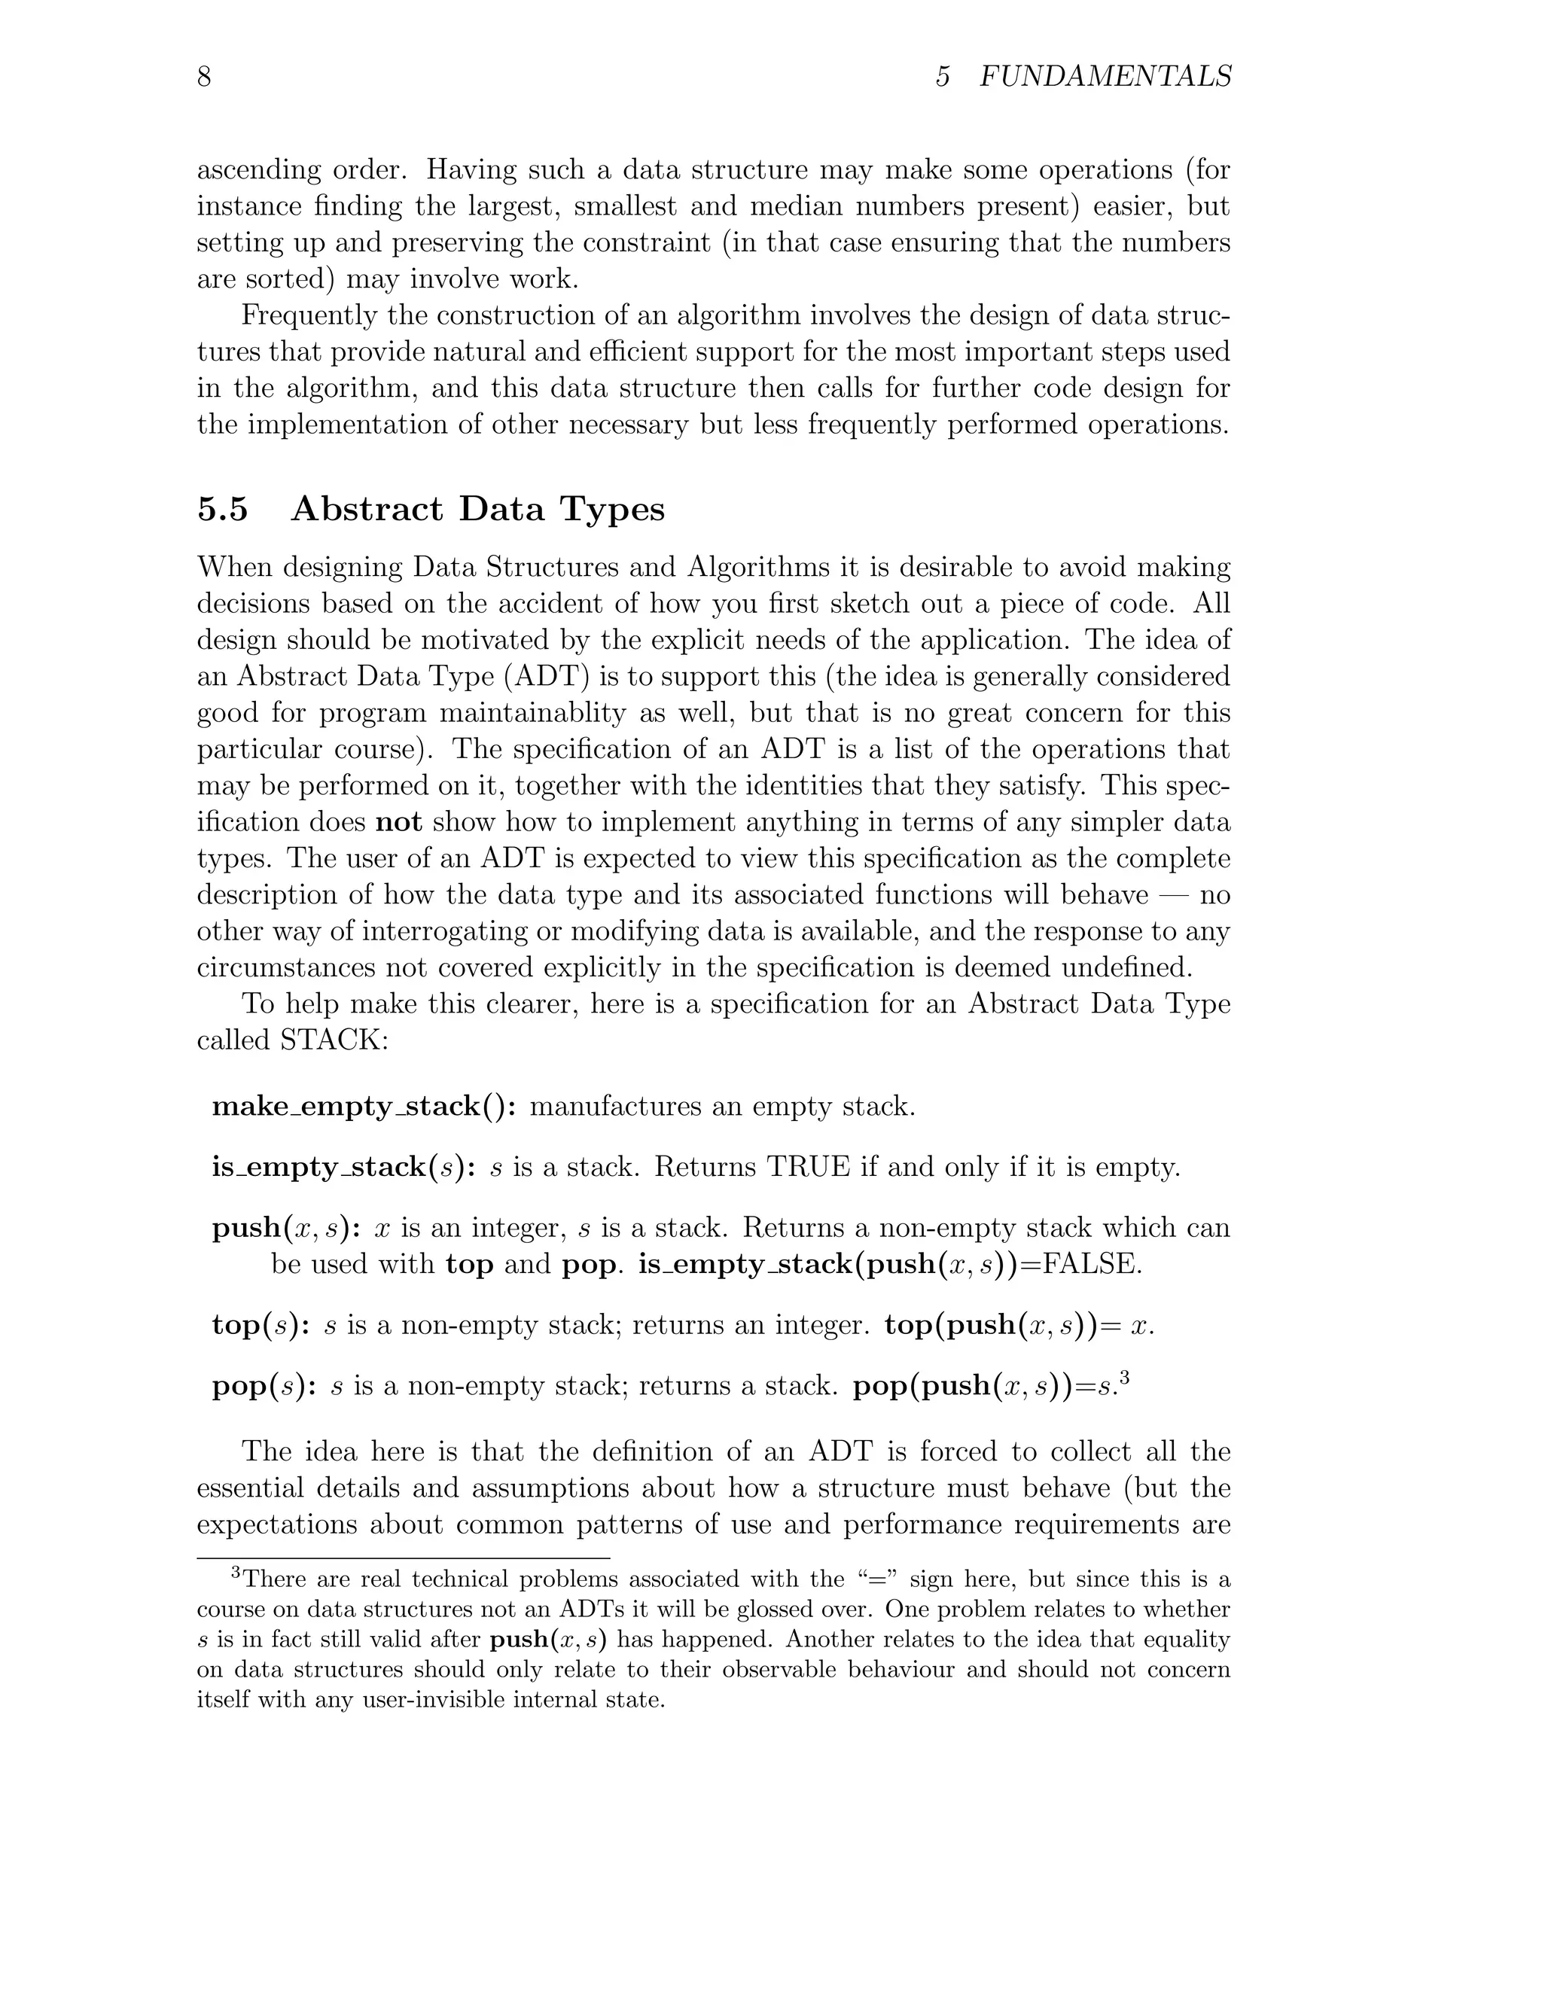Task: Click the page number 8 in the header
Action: pos(204,77)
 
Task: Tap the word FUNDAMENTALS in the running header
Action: pos(1105,77)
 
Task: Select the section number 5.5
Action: pos(222,510)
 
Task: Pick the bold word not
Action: pos(398,822)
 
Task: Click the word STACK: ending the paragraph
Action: pos(334,1040)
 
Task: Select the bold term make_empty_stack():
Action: pos(364,1107)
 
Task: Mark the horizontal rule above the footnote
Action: pos(403,1558)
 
